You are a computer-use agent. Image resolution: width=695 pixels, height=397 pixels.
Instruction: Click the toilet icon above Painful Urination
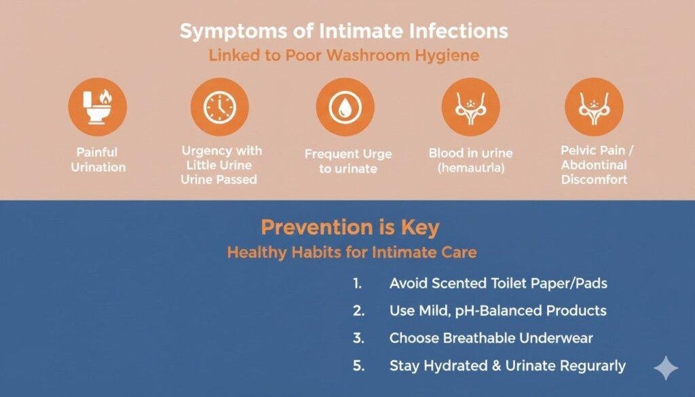coord(98,107)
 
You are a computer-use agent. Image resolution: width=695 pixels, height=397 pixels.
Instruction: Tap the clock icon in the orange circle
coord(219,107)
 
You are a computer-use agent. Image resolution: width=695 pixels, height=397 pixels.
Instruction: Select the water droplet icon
coord(345,107)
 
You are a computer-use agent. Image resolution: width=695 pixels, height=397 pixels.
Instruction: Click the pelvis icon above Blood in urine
coord(470,107)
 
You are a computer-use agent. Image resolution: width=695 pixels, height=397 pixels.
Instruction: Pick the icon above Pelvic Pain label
coord(594,107)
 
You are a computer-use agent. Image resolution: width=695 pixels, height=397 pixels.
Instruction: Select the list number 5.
coord(358,366)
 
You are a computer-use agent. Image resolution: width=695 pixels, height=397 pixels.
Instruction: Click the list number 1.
coord(358,284)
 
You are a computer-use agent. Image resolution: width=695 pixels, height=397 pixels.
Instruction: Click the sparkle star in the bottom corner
coord(665,368)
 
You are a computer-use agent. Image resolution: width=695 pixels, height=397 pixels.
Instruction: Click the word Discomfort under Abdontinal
coord(594,181)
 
